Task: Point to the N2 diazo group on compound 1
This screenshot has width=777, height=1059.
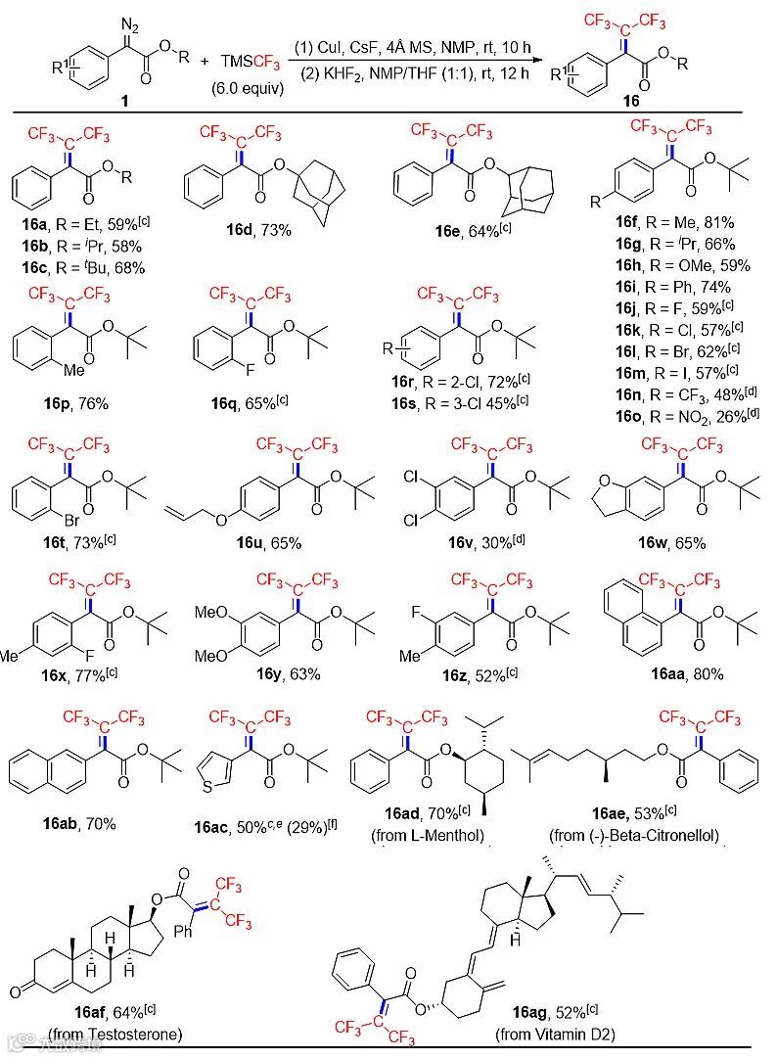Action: click(x=127, y=22)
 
